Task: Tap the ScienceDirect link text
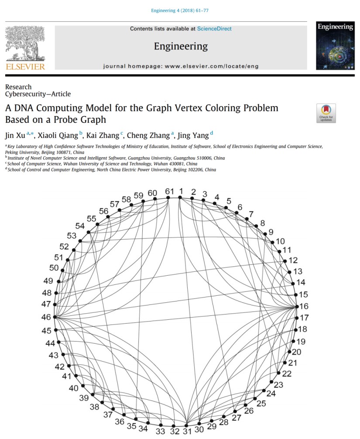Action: [x=214, y=29]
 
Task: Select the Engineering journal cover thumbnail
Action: [x=335, y=46]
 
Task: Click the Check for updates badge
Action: [x=326, y=113]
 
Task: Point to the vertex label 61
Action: [x=169, y=191]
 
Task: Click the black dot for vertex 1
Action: [x=180, y=197]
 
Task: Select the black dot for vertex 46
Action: [x=55, y=317]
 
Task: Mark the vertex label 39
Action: [x=84, y=398]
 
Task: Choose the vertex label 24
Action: [x=271, y=394]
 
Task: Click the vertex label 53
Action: [x=72, y=236]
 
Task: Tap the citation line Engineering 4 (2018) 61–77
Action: [x=180, y=11]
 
